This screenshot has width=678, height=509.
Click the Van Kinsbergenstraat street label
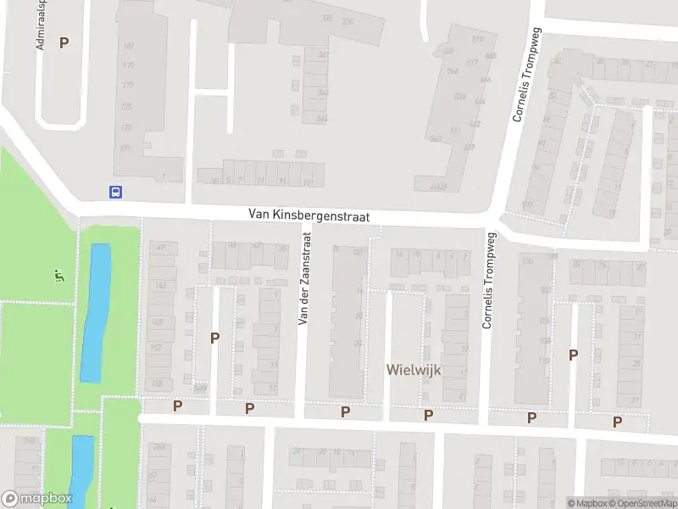point(309,217)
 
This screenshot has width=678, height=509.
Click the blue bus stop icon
point(115,192)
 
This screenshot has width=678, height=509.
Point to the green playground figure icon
point(58,276)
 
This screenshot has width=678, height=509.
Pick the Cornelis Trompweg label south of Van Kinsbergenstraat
point(487,282)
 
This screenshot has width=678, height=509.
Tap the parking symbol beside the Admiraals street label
point(64,42)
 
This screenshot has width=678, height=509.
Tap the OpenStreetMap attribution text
point(644,503)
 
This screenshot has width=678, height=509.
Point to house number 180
point(129,46)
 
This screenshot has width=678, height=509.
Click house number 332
point(327,19)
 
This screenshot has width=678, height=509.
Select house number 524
point(460,97)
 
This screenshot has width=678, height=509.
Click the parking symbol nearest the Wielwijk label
point(429,415)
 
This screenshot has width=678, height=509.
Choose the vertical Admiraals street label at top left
point(40,25)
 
